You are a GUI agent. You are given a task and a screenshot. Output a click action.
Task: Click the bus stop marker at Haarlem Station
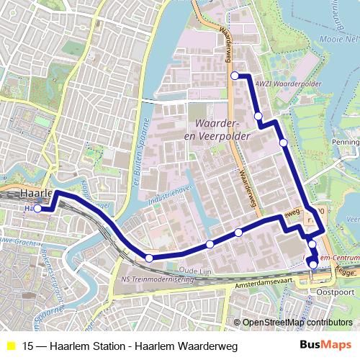click(37, 209)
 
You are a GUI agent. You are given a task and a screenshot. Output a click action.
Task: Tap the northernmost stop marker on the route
click(235, 76)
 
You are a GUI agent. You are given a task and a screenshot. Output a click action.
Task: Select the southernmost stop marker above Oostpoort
click(313, 264)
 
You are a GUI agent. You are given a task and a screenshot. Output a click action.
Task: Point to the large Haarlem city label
click(36, 194)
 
